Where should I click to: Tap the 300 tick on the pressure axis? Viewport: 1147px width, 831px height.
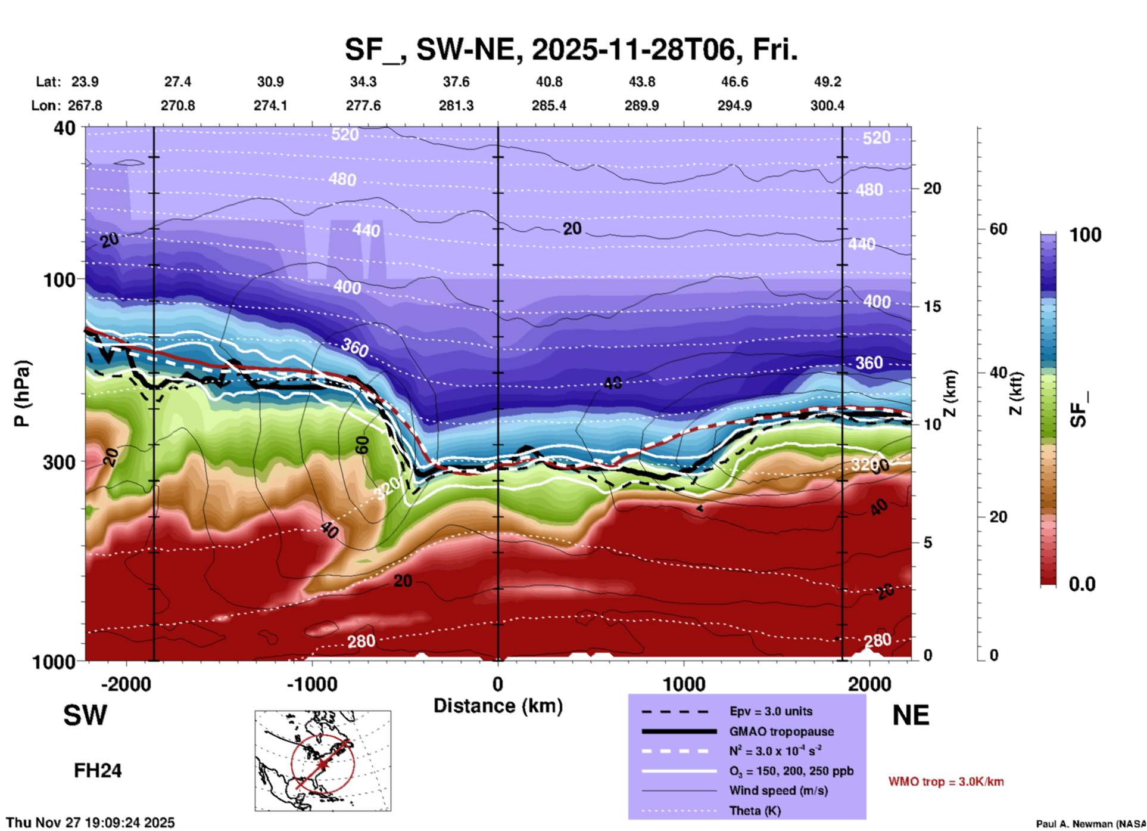coord(60,462)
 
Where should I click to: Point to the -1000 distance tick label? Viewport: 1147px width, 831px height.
coord(311,684)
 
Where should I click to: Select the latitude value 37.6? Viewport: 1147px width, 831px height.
coord(456,82)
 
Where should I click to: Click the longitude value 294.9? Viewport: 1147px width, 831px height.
coord(734,106)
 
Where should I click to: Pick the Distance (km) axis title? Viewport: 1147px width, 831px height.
coord(498,706)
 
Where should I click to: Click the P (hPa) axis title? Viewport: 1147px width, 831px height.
coord(22,393)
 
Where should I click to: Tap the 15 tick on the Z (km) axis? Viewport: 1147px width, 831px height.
coord(932,306)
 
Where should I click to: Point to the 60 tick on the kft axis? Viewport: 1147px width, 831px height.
coord(998,229)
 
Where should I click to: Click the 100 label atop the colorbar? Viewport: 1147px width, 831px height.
coord(1085,235)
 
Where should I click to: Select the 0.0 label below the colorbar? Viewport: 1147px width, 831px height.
coord(1082,584)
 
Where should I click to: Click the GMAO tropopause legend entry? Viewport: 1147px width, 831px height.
coord(781,731)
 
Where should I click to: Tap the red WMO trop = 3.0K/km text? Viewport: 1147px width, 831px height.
coord(946,782)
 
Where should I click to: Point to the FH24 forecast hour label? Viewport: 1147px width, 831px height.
coord(98,771)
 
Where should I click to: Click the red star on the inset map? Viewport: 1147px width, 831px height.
coord(322,764)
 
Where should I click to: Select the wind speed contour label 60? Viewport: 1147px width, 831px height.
coord(362,445)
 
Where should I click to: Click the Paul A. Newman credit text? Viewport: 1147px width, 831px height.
coord(1090,824)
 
